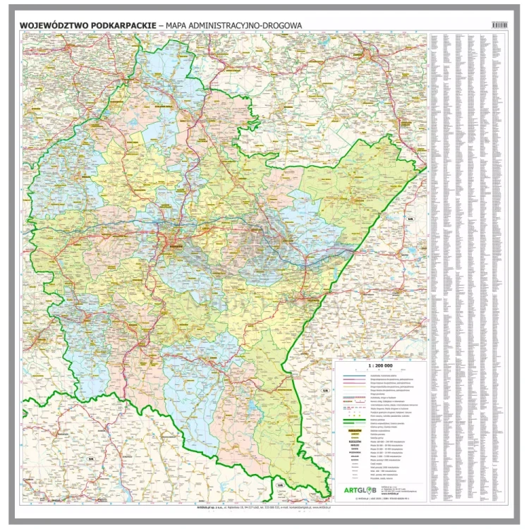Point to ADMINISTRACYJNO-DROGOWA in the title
pyautogui.click(x=247, y=25)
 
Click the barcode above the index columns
pyautogui.click(x=500, y=25)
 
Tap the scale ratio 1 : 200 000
pyautogui.click(x=379, y=366)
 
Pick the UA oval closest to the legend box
pyautogui.click(x=325, y=390)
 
